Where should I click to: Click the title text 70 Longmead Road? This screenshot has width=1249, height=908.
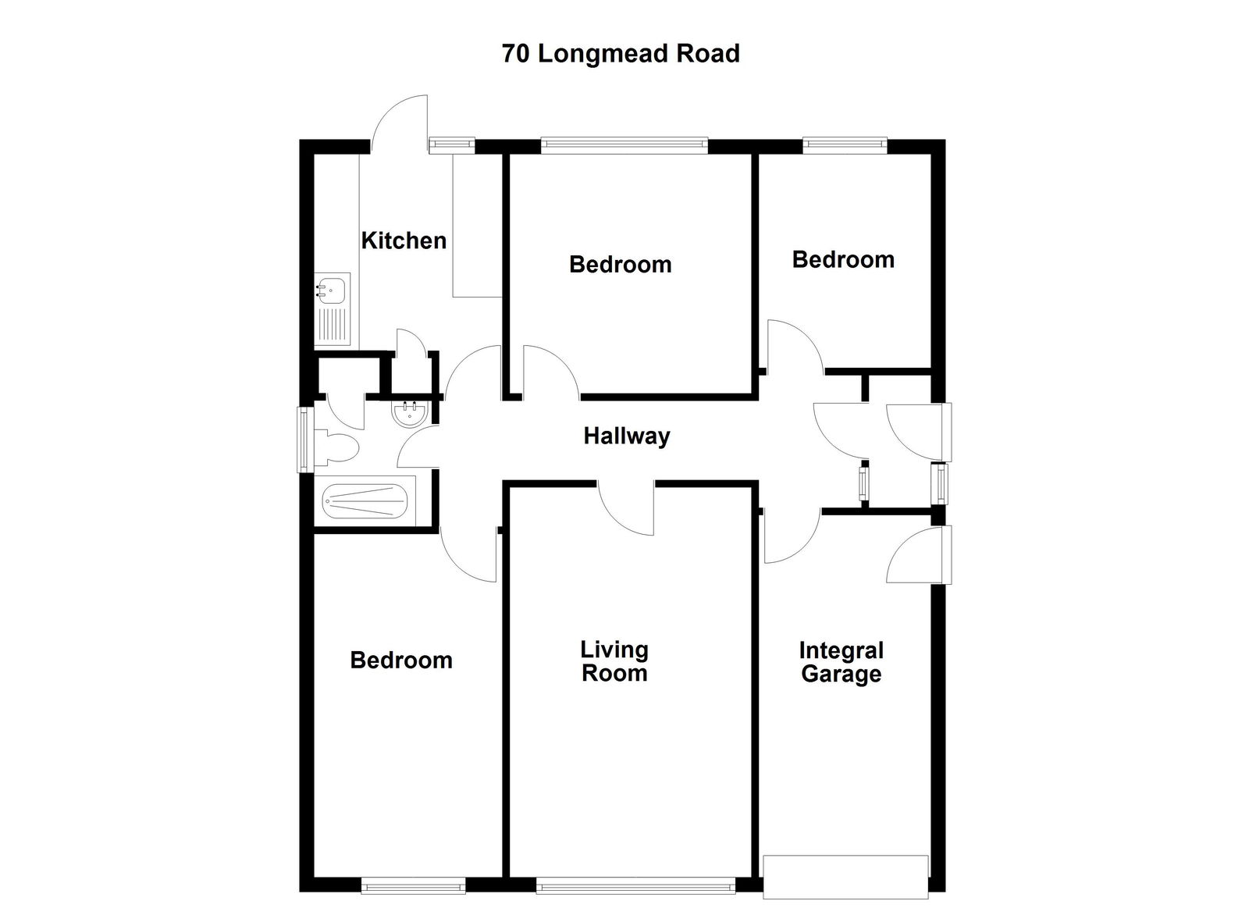[x=621, y=54]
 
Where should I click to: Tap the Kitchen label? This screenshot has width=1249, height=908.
[x=404, y=240]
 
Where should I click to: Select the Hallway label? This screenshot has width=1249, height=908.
[x=627, y=436]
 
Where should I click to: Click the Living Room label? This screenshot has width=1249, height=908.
[x=614, y=661]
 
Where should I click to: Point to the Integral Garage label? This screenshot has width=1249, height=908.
[x=841, y=662]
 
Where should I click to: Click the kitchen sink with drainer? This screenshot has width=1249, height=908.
[x=332, y=309]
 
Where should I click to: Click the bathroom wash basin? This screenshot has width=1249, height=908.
[x=409, y=414]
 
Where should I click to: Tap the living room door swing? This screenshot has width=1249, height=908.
[x=627, y=509]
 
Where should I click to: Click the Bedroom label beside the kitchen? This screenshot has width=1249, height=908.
[x=620, y=265]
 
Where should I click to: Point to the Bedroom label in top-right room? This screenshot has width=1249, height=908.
[x=843, y=260]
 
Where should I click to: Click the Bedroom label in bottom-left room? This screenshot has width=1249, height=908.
[x=401, y=661]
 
